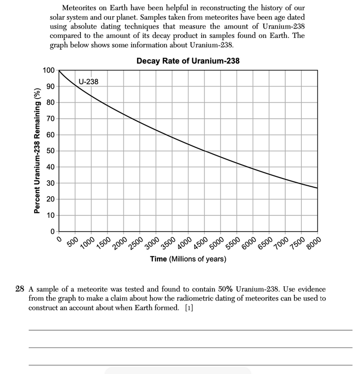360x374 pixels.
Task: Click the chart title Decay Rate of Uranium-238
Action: [188, 61]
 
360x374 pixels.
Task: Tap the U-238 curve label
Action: [89, 81]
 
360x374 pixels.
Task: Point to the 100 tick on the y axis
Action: [48, 70]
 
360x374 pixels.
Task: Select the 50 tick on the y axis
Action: [50, 151]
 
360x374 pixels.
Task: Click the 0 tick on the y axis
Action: [52, 232]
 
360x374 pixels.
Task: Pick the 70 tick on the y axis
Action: [50, 119]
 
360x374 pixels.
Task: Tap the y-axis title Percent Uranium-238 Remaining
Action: [36, 151]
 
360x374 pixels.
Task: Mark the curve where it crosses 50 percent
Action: [204, 151]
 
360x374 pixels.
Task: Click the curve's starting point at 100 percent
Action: [59, 70]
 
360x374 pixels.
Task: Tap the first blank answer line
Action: [190, 330]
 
